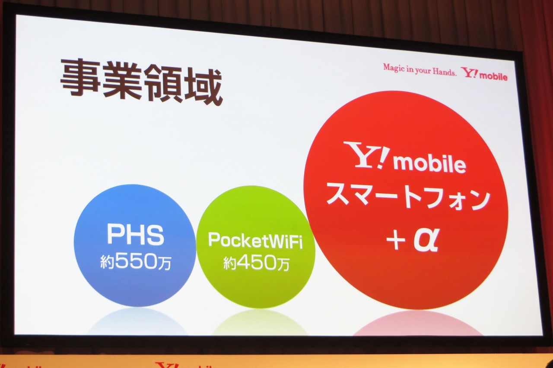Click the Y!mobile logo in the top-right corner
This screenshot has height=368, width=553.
(x=484, y=74)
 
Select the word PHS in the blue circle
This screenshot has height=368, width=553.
(x=135, y=236)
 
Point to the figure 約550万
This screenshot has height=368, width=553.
(x=136, y=262)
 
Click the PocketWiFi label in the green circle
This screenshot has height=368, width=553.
(x=255, y=241)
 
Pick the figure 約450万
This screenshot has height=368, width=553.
(x=256, y=263)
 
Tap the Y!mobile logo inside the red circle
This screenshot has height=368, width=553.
(x=405, y=159)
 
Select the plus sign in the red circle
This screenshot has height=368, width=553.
(x=396, y=242)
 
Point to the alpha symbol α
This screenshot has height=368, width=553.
(x=426, y=241)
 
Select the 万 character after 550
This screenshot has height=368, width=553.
(x=164, y=262)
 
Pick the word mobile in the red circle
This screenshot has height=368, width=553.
(x=430, y=164)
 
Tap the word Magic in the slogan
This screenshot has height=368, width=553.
(x=393, y=68)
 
